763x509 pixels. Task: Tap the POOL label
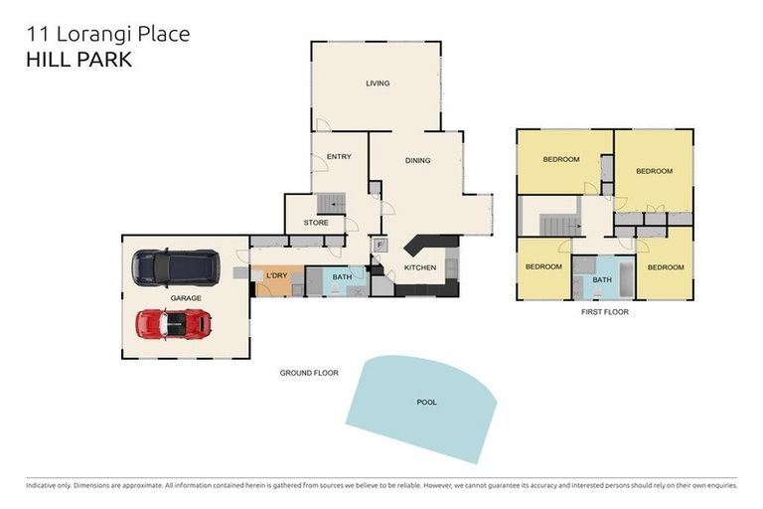click(x=426, y=403)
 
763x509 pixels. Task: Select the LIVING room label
click(x=377, y=84)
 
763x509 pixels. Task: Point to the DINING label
click(x=417, y=160)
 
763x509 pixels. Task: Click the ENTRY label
click(x=339, y=156)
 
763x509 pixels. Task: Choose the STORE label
click(x=316, y=223)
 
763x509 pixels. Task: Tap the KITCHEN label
click(x=420, y=268)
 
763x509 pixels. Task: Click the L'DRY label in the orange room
click(x=276, y=275)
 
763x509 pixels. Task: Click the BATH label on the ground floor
click(x=342, y=277)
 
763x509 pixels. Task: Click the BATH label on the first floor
click(x=602, y=280)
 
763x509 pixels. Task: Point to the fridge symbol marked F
click(x=379, y=244)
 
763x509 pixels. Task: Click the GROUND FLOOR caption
click(x=309, y=373)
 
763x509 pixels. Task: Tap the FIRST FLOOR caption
click(x=604, y=312)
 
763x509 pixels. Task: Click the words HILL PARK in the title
click(x=78, y=60)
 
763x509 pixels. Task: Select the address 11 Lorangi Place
click(x=107, y=35)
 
